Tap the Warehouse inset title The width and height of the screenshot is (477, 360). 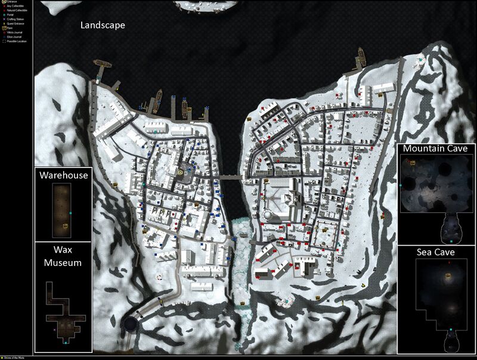64,175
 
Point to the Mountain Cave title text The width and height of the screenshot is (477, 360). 435,148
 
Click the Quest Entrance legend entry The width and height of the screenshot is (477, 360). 15,23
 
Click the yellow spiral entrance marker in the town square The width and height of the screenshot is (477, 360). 180,173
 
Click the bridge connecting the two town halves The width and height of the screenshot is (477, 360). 229,178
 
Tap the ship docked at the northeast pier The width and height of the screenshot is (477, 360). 361,57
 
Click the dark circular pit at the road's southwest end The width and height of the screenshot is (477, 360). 130,324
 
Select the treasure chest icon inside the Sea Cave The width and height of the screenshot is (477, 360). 448,275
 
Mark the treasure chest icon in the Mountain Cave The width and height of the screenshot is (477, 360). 409,162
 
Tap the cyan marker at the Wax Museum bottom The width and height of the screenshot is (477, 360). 66,342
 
